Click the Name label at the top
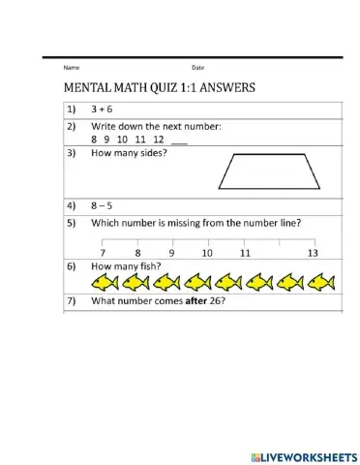pyautogui.click(x=71, y=67)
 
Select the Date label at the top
pyautogui.click(x=198, y=67)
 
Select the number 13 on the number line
pyautogui.click(x=312, y=253)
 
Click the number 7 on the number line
pyautogui.click(x=103, y=253)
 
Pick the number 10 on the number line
pyautogui.click(x=207, y=253)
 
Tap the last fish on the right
pyautogui.click(x=320, y=282)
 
